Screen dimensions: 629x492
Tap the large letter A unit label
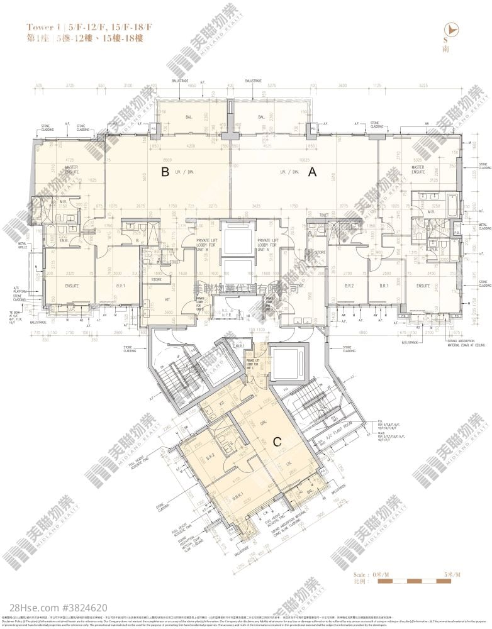[x=310, y=175]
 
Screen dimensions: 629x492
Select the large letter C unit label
[x=276, y=442]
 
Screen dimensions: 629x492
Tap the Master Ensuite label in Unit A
[x=418, y=169]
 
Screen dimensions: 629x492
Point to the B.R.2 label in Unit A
[x=349, y=285]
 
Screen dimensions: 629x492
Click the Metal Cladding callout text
[x=484, y=225]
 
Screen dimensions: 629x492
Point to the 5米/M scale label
[x=452, y=575]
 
